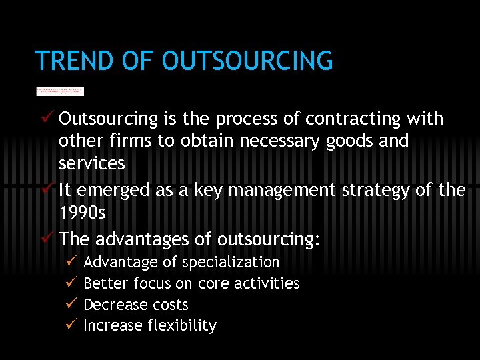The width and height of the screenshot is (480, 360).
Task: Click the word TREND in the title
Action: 75,61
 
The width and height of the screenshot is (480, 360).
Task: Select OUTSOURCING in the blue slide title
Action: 247,61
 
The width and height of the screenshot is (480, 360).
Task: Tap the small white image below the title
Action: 60,91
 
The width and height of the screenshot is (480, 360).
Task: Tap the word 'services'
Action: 91,163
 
